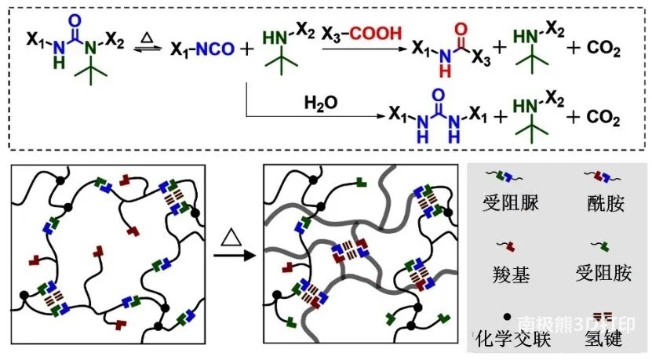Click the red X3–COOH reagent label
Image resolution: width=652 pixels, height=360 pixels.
click(362, 34)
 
